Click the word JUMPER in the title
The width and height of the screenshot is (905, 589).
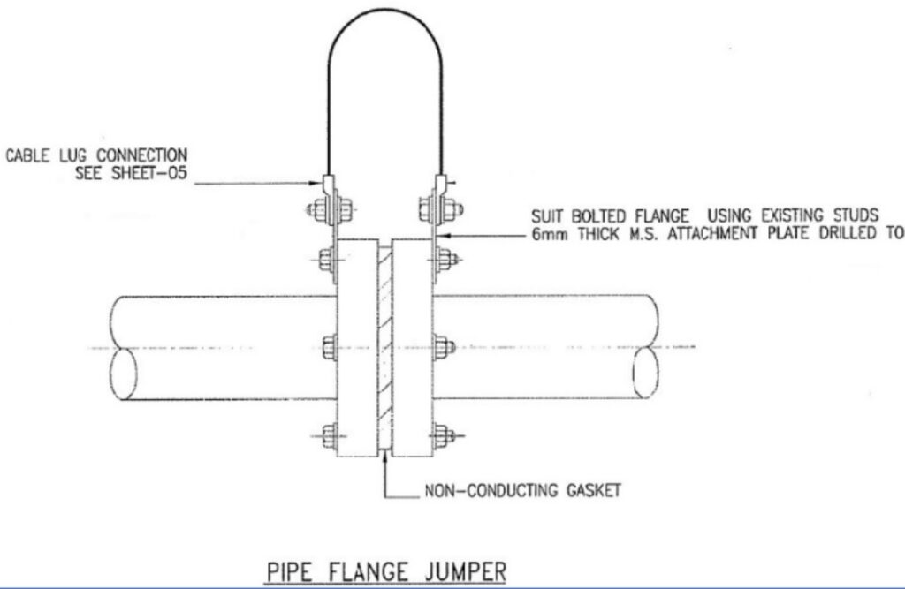465,571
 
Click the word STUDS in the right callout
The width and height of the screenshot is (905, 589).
856,215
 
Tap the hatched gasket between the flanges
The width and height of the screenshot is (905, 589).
385,347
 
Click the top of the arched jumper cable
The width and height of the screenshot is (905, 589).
385,10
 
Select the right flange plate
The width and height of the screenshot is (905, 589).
412,347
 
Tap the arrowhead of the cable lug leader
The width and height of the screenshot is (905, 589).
316,184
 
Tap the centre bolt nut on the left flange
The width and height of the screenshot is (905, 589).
330,347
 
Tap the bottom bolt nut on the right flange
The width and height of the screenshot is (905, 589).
443,435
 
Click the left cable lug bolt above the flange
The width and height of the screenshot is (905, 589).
330,209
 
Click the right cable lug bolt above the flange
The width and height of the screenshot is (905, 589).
441,209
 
